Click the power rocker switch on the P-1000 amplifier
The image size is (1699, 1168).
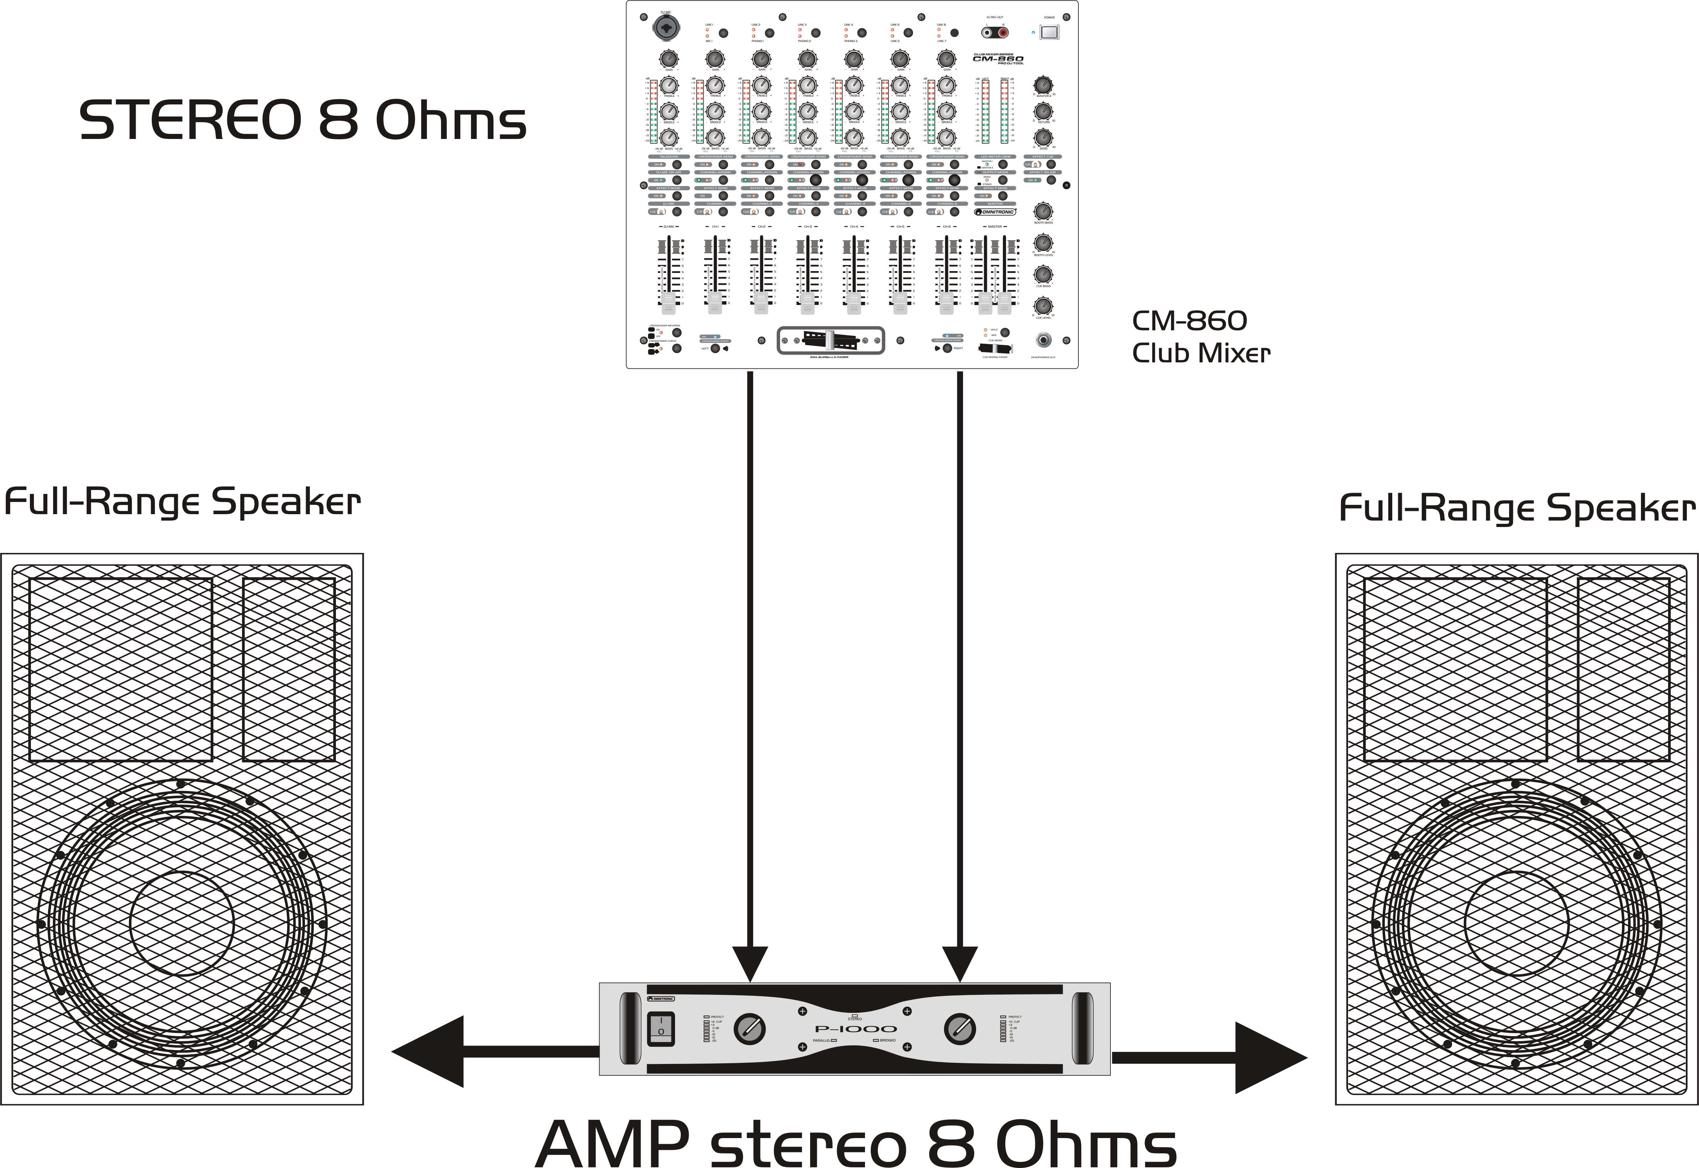[x=661, y=1028]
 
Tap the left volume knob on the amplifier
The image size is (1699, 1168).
[x=749, y=1029]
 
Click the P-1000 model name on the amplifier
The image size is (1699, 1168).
[x=855, y=1029]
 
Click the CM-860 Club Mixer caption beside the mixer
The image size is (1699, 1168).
[x=1200, y=337]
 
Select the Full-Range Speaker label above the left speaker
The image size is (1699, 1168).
[x=182, y=502]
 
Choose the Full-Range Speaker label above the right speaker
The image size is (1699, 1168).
[x=1517, y=508]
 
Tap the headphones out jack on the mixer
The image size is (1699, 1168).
[x=1043, y=340]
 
